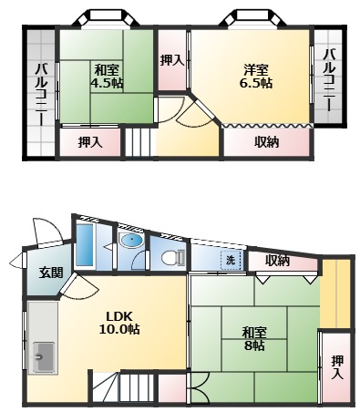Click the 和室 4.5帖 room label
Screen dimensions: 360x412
[108, 77]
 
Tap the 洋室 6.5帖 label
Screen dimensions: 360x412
[256, 77]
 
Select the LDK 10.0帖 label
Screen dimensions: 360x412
[119, 323]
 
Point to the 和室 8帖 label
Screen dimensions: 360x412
[254, 339]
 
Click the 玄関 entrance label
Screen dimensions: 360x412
[51, 273]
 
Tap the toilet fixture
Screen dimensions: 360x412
[172, 258]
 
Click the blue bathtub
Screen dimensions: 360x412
[84, 245]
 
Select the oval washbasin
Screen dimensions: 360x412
[131, 241]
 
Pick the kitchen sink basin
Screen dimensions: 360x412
[44, 357]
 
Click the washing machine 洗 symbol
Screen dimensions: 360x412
[231, 260]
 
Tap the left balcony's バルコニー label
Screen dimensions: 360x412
[41, 95]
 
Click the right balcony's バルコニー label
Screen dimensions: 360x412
[330, 79]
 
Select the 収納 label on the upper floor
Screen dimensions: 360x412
[267, 142]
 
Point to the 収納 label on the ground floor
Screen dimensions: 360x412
[277, 261]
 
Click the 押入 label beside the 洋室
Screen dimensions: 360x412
[172, 60]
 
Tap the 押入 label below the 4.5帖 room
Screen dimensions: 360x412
[90, 142]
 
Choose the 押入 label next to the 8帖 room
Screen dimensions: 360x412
[337, 367]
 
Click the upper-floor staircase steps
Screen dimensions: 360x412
[139, 142]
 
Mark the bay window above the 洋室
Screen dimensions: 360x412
[252, 17]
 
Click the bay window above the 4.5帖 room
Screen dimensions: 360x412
[106, 17]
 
